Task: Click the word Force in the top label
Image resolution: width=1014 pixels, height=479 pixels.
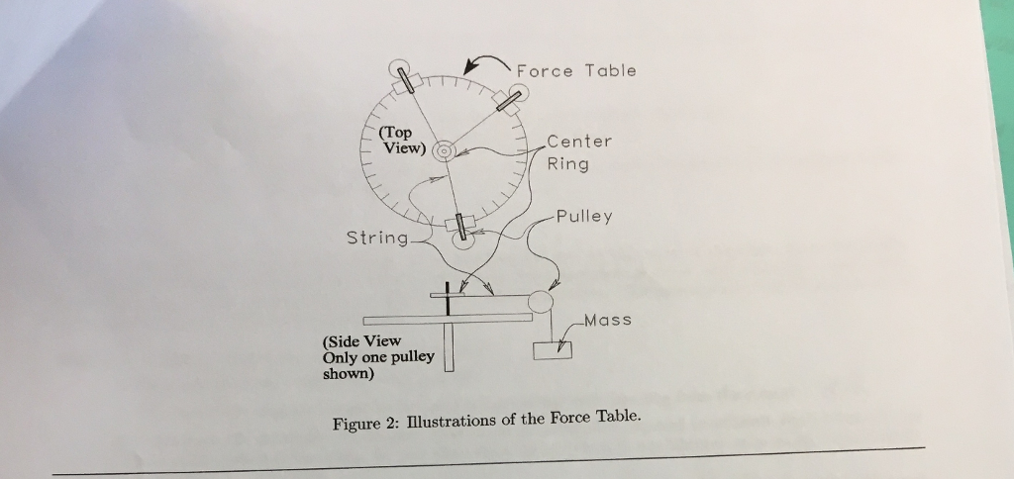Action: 544,70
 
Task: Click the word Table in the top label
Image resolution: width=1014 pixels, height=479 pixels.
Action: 610,70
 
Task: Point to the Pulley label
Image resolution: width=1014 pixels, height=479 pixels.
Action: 583,216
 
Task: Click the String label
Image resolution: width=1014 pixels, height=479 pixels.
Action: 376,239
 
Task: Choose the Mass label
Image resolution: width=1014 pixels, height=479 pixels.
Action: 607,321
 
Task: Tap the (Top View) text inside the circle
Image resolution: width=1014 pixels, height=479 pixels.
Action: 402,141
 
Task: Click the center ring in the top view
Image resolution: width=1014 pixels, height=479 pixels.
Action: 444,150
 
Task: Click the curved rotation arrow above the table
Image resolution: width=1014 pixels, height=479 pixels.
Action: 485,61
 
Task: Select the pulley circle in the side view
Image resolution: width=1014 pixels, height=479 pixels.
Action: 542,301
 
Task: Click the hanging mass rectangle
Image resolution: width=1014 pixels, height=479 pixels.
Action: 552,350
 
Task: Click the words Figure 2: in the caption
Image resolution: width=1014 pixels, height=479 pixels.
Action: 364,424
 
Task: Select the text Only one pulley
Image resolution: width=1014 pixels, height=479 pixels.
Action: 378,357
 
